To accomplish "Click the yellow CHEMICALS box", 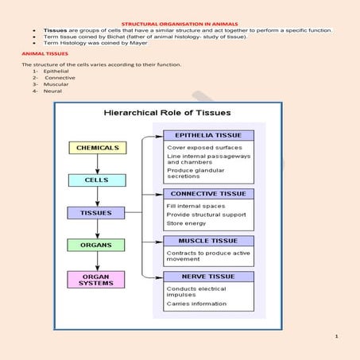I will click(x=97, y=148).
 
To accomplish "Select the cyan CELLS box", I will click(x=96, y=180).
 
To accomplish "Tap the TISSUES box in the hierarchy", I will click(x=96, y=213).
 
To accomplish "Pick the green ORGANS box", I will click(x=96, y=245).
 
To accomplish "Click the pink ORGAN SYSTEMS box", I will click(x=96, y=279).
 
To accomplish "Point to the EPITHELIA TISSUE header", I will click(x=208, y=135).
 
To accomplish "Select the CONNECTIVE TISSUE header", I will click(x=208, y=193).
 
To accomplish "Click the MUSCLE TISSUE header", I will click(x=208, y=241).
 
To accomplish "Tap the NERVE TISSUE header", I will click(x=208, y=277).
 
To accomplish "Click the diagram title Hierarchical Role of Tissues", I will click(x=167, y=113).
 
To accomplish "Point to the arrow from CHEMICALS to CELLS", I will click(x=96, y=164).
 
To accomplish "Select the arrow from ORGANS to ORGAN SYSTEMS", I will click(x=96, y=261).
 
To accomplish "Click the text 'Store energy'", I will click(x=185, y=223).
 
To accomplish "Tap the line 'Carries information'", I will click(x=196, y=304).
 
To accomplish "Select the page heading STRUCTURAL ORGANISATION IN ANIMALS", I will click(x=180, y=23).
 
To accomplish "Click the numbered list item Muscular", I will click(x=56, y=84).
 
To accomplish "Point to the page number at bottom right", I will click(x=337, y=336).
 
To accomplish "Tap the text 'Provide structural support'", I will click(x=207, y=215).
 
